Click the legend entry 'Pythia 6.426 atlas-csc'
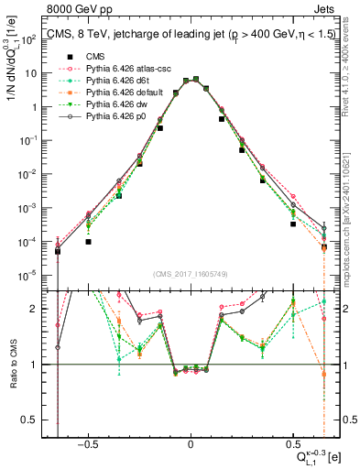point(115,69)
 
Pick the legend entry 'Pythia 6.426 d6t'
point(104,81)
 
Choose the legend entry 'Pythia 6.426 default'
point(111,93)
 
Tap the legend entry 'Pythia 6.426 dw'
point(103,104)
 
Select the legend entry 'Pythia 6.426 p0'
point(103,116)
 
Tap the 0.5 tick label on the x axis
point(292,442)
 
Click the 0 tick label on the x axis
point(190,442)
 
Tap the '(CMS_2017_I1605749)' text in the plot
point(190,274)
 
